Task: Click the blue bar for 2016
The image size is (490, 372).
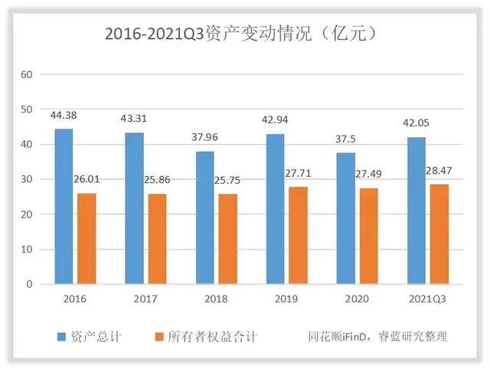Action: pyautogui.click(x=64, y=207)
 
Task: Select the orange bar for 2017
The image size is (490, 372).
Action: pyautogui.click(x=157, y=239)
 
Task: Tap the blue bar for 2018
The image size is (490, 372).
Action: pyautogui.click(x=204, y=217)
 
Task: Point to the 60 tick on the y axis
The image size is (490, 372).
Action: pyautogui.click(x=28, y=74)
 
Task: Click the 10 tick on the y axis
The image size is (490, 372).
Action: pyautogui.click(x=28, y=250)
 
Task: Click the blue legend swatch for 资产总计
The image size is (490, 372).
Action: pyautogui.click(x=61, y=336)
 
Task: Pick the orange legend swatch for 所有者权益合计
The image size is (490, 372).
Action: pyautogui.click(x=159, y=336)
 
